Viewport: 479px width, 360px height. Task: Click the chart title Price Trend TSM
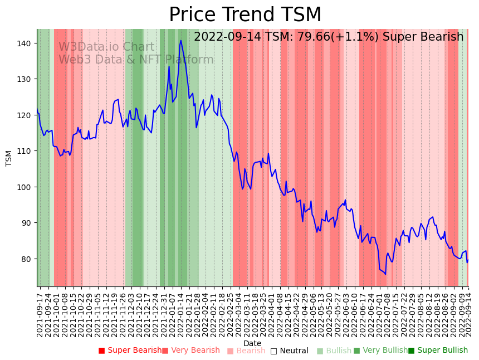[245, 15]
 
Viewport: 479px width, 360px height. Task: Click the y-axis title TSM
[9, 158]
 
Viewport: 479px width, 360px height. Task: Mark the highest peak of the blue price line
[181, 40]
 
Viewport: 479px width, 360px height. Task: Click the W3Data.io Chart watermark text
[106, 47]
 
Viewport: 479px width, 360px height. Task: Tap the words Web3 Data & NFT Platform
[136, 60]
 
